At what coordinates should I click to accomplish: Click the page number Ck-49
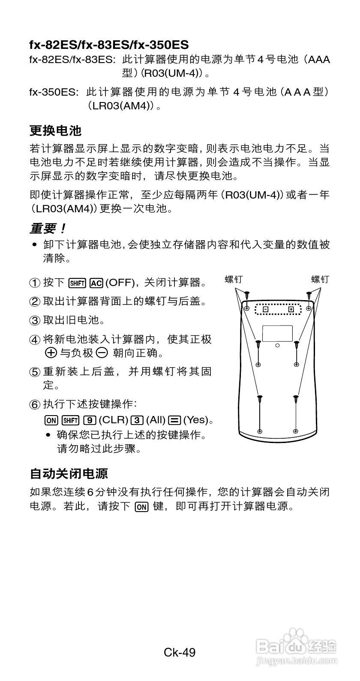(x=180, y=652)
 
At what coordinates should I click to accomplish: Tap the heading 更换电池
(x=55, y=130)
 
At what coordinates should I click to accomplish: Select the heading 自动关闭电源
(x=69, y=473)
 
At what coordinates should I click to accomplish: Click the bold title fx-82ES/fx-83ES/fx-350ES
(x=109, y=45)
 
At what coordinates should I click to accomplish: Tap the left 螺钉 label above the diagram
(x=234, y=280)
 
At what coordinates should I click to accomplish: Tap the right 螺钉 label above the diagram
(x=320, y=280)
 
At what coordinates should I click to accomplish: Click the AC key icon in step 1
(x=96, y=283)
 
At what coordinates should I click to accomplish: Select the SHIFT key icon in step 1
(x=77, y=283)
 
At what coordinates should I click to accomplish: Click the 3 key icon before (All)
(x=138, y=420)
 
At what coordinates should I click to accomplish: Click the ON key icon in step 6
(x=51, y=420)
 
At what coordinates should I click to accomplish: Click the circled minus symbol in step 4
(x=102, y=353)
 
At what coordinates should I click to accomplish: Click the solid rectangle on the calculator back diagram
(x=277, y=334)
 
